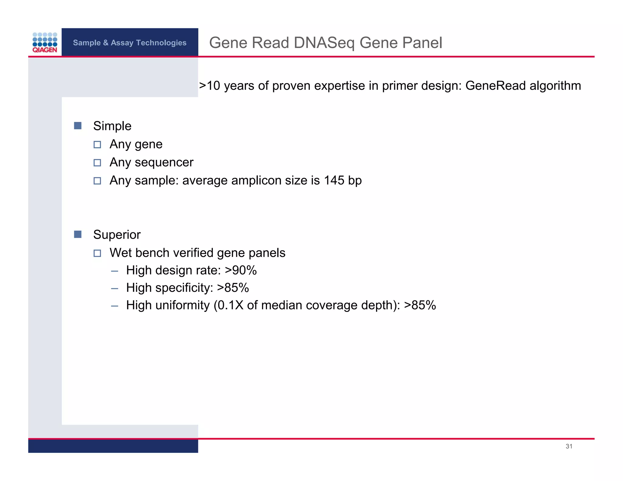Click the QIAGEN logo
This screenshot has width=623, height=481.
[x=45, y=43]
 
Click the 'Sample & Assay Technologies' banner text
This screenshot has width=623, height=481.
[x=130, y=43]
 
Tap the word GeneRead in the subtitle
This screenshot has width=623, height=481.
[x=495, y=86]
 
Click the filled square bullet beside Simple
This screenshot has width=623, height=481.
[x=78, y=126]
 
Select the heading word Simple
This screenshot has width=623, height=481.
[x=112, y=126]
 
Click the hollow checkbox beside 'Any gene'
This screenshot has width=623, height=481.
[x=97, y=144]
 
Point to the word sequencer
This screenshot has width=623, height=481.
[x=164, y=162]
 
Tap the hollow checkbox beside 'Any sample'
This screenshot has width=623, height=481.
[x=97, y=181]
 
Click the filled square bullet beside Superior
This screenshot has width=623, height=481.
[x=78, y=234]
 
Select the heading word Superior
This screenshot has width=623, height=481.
[x=117, y=235]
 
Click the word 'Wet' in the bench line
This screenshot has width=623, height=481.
[x=120, y=253]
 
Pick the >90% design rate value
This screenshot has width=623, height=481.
[x=241, y=270]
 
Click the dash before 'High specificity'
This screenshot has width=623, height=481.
[x=115, y=288]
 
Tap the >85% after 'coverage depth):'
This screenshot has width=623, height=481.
[x=420, y=305]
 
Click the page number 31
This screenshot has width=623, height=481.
[x=569, y=446]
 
